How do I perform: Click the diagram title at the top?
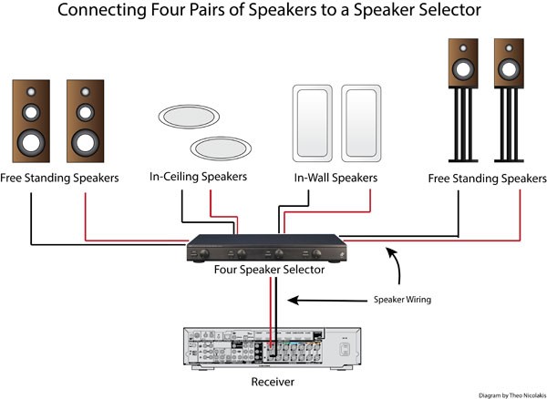pos(273,13)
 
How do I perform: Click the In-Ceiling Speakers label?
pos(198,177)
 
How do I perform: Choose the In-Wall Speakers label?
pos(335,177)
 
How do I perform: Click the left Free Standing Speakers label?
pos(59,178)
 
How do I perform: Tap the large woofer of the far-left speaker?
pos(32,141)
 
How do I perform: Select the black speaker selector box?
pos(266,250)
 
